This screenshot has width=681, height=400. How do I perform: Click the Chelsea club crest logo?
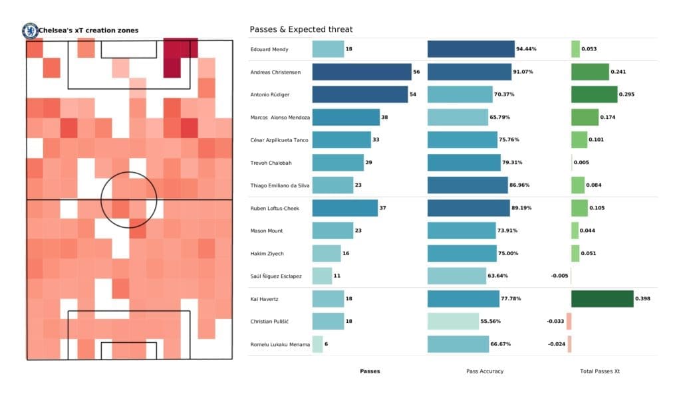pyautogui.click(x=30, y=30)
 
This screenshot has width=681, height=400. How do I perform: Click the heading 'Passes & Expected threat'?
pyautogui.click(x=301, y=29)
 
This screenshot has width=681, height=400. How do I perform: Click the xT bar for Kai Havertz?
pyautogui.click(x=602, y=299)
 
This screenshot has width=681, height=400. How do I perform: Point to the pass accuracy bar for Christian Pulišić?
pyautogui.click(x=453, y=322)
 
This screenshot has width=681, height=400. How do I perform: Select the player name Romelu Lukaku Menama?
pyautogui.click(x=280, y=344)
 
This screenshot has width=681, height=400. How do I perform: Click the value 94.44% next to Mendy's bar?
pyautogui.click(x=525, y=49)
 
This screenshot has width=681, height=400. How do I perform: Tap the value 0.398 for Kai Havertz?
pyautogui.click(x=642, y=299)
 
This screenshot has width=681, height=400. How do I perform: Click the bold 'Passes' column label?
pyautogui.click(x=370, y=371)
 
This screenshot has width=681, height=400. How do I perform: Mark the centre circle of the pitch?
pyautogui.click(x=128, y=199)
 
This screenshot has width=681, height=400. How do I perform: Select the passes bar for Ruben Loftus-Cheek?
pyautogui.click(x=345, y=208)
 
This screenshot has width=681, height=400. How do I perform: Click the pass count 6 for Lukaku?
pyautogui.click(x=327, y=344)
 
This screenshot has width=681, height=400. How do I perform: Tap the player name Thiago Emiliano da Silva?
pyautogui.click(x=278, y=185)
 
